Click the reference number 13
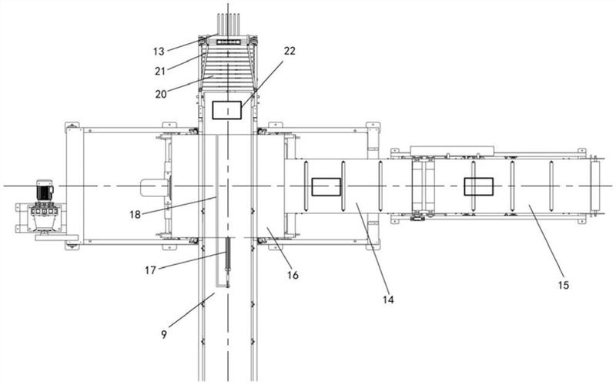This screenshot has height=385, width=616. tap(159, 52)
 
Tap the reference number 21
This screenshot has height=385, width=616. tap(160, 71)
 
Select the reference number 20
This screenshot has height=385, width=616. tap(161, 94)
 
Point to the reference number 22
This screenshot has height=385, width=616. tap(290, 51)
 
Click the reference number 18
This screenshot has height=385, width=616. tap(136, 215)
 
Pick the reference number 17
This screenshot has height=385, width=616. tap(150, 270)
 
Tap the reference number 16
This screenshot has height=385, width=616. tap(293, 275)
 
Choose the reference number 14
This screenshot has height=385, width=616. tap(388, 300)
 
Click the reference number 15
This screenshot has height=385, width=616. tap(564, 285)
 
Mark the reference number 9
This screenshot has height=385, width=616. tap(164, 334)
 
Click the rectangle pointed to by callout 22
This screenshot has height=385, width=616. tap(226, 110)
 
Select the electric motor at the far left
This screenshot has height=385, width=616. tap(45, 191)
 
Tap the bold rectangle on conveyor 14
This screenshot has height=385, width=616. tap(326, 186)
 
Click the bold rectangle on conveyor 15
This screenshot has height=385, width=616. tap(478, 186)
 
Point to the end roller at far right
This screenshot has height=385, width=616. tap(595, 186)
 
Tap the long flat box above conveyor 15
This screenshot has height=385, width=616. tap(452, 150)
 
